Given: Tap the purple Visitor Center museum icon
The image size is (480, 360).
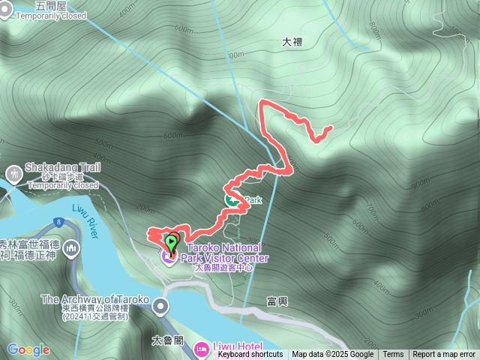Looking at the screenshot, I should tap(166, 257).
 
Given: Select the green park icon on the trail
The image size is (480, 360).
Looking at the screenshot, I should tap(232, 200).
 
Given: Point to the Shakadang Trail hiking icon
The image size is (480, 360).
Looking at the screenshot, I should tap(13, 175).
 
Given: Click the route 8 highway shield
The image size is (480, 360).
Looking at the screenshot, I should tap(57, 221).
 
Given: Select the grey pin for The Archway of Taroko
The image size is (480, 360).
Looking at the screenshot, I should tap(160, 306).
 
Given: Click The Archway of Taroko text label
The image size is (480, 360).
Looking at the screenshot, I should tap(97, 300).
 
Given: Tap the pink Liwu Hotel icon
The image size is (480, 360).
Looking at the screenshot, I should tap(201, 348).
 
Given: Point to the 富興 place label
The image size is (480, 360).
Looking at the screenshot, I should tap(277, 301).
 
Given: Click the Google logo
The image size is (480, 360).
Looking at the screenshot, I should tap(28, 349).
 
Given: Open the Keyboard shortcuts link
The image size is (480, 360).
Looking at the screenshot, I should tap(250, 355).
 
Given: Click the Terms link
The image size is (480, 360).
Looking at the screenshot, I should tap(393, 355).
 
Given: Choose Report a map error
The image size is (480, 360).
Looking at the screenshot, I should tap(444, 355).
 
